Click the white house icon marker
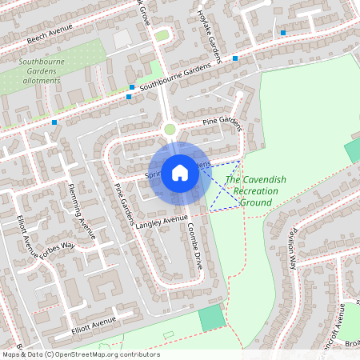point(180,173)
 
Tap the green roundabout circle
point(170,129)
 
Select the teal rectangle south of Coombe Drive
point(211,319)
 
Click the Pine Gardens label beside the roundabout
point(221,122)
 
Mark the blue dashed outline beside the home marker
point(226,186)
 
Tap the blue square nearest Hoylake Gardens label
point(235,58)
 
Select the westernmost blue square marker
point(54,122)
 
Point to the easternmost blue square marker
point(283,33)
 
